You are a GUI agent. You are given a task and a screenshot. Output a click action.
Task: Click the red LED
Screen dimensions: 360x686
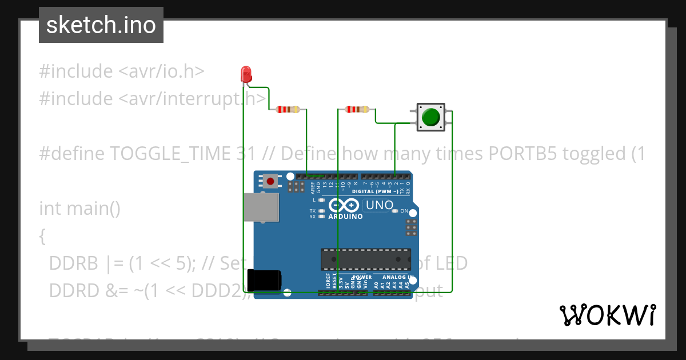click(x=246, y=74)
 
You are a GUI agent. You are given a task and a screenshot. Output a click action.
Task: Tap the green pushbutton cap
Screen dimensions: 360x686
click(x=430, y=117)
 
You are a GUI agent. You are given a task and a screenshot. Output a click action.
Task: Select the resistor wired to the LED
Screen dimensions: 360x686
click(x=288, y=109)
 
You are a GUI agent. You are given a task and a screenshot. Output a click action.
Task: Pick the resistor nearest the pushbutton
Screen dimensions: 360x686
click(x=357, y=109)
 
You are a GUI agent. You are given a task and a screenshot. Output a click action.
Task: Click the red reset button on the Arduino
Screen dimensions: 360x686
click(x=270, y=182)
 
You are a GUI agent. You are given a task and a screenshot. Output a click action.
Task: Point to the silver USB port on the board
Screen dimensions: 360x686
click(x=261, y=207)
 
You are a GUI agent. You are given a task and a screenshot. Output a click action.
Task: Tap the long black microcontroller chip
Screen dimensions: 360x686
click(x=365, y=259)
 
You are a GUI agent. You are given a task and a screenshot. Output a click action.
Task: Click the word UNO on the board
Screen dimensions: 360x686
click(x=379, y=205)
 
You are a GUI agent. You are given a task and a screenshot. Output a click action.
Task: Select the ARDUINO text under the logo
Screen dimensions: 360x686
click(x=345, y=217)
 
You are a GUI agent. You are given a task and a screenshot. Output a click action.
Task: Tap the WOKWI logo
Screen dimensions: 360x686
click(x=607, y=315)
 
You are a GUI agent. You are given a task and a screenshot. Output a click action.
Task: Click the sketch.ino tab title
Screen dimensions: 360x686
click(x=101, y=25)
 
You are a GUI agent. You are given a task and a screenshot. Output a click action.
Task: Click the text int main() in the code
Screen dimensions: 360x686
click(x=79, y=208)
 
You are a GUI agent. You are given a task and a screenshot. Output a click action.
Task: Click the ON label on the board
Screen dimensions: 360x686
click(x=404, y=211)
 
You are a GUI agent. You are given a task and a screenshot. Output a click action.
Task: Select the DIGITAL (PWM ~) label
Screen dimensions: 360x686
click(x=374, y=191)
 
